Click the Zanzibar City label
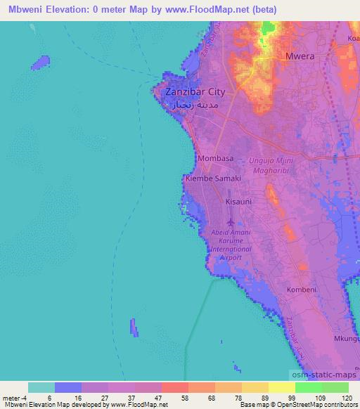coord(194,92)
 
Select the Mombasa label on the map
coord(216,159)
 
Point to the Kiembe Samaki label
coord(213,179)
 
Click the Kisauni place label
coord(238,202)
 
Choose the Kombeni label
coord(302,290)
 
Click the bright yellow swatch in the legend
coord(281,387)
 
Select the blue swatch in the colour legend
coord(67,387)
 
